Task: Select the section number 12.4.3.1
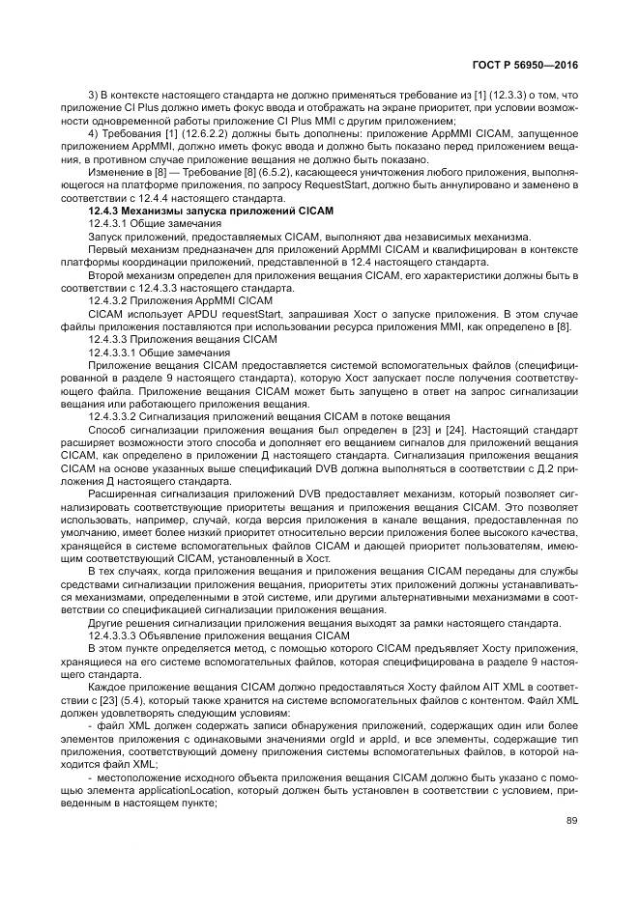pyautogui.click(x=111, y=223)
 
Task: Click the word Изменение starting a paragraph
pyautogui.click(x=115, y=171)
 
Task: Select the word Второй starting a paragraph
pyautogui.click(x=106, y=275)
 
